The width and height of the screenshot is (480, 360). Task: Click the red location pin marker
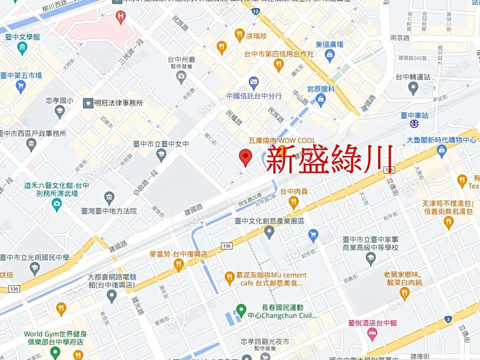[x=245, y=157]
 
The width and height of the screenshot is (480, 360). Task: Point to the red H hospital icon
[x=121, y=17]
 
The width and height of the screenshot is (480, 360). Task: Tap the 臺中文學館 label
[x=22, y=37]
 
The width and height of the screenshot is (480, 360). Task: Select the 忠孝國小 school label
[x=59, y=100]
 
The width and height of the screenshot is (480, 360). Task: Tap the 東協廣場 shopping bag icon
[x=330, y=55]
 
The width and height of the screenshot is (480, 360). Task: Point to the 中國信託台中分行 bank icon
[x=254, y=83]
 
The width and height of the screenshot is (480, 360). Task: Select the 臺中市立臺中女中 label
[x=161, y=144]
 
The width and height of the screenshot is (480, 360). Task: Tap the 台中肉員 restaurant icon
[x=293, y=202]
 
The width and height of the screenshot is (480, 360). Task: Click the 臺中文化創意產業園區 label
[x=269, y=221]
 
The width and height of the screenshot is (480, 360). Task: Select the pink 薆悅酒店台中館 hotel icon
[x=372, y=334]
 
